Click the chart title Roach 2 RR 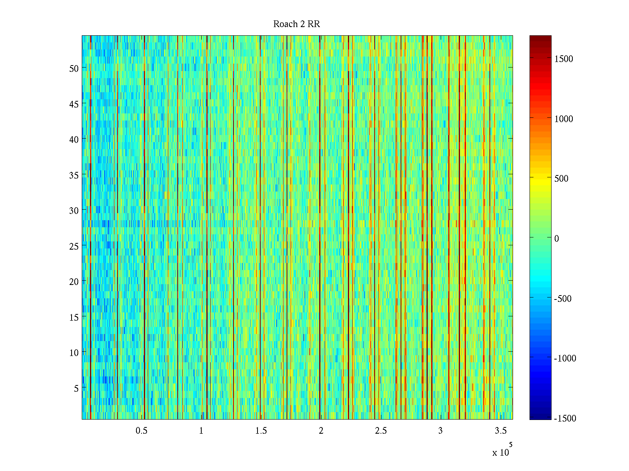click(296, 24)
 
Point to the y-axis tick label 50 click(74, 68)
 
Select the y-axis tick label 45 click(74, 104)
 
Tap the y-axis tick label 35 click(74, 175)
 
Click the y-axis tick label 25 click(74, 246)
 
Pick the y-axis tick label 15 click(74, 317)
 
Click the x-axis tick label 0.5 click(142, 431)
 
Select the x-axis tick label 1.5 click(261, 431)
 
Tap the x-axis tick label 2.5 click(381, 431)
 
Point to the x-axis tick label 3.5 click(500, 431)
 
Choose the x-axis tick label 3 click(440, 431)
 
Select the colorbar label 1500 click(564, 59)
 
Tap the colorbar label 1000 click(564, 119)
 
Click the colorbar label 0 click(557, 239)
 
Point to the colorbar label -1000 click(565, 358)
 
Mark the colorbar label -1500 click(565, 418)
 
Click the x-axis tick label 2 click(321, 431)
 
